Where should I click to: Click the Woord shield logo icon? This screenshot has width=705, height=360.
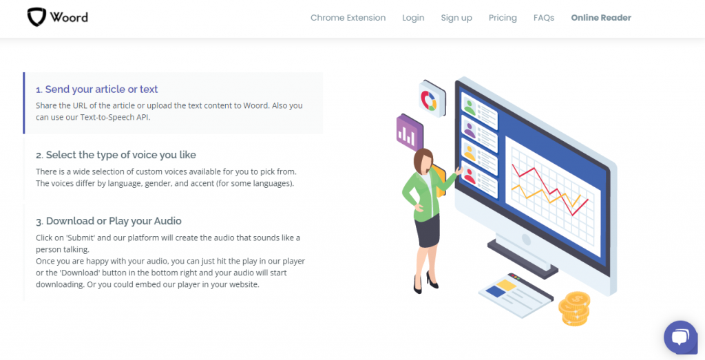pos(37,17)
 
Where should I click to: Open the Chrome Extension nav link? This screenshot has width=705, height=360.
pos(348,18)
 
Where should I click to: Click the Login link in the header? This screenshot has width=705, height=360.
pos(413,18)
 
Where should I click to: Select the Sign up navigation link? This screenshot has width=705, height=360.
pos(456,18)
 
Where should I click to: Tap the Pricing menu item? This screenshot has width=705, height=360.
pos(503,18)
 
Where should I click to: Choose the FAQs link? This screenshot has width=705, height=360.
pos(544,18)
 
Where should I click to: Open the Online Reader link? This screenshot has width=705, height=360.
pos(601,18)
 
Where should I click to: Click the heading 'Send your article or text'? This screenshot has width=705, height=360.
pos(102,89)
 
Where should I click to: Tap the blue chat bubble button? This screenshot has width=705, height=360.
pos(680,337)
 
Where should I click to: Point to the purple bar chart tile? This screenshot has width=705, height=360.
pos(409,132)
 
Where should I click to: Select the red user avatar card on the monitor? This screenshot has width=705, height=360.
pos(479,178)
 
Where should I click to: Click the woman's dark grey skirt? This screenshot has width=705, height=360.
pos(427,230)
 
